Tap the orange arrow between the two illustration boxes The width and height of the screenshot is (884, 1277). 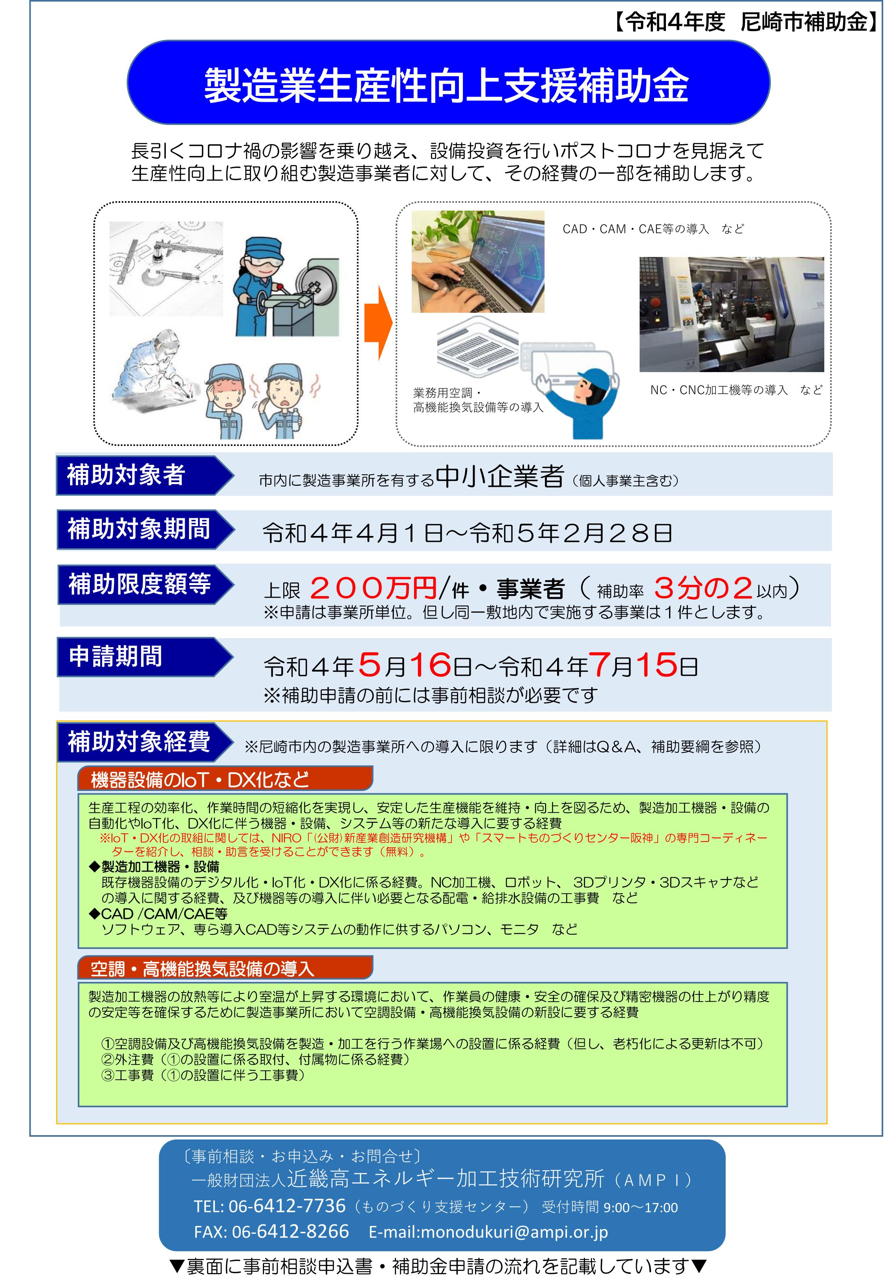pos(378,323)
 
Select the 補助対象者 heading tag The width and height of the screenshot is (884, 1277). pos(145,475)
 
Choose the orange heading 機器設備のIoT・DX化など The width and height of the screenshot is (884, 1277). pos(225,779)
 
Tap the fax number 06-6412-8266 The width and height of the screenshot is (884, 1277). pos(290,1231)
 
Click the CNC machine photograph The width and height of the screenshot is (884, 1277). pos(732,314)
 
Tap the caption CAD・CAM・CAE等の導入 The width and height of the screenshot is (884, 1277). pos(636,229)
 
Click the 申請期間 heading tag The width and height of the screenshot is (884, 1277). pos(145,657)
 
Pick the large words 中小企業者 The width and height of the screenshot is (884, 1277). pos(500,476)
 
